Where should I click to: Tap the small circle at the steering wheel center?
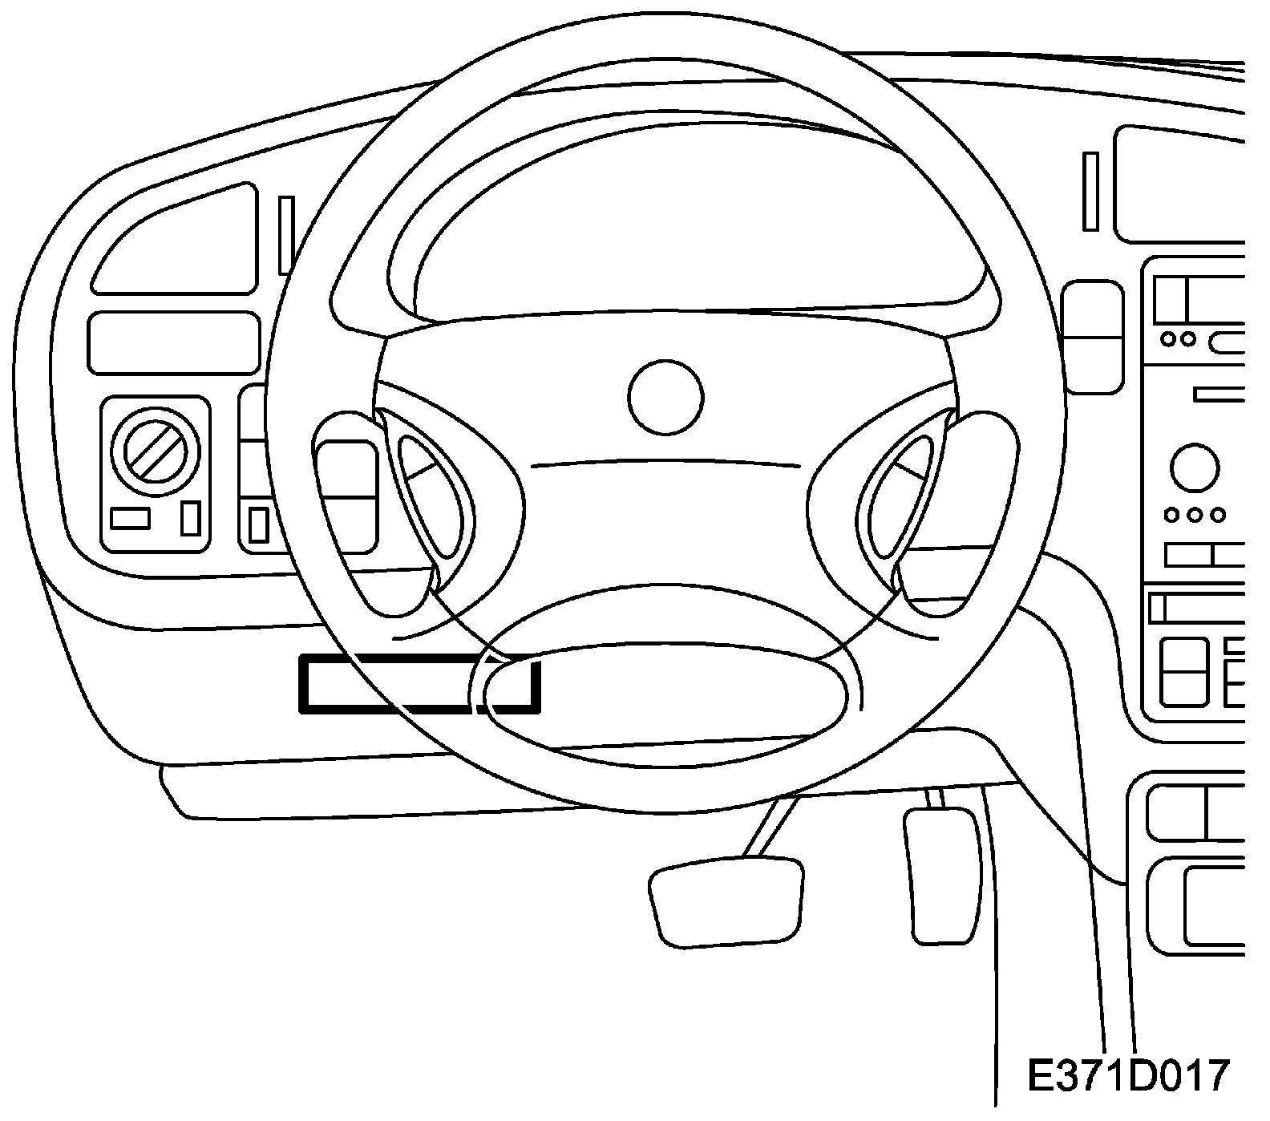[x=665, y=398]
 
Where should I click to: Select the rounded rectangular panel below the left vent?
[x=173, y=343]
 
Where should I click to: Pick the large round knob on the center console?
[x=1194, y=468]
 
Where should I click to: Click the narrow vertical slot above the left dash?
[x=286, y=235]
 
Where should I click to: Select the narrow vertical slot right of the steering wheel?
[x=1090, y=191]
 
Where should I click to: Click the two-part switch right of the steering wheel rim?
[x=1092, y=337]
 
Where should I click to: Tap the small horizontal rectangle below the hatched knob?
[x=130, y=519]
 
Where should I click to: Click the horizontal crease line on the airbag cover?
[x=665, y=463]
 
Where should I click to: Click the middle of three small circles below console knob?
[x=1195, y=514]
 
